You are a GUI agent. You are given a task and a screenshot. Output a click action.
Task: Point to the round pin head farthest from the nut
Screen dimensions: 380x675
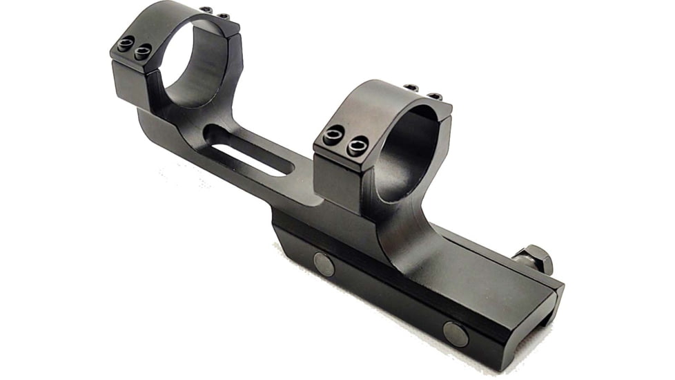(324, 264)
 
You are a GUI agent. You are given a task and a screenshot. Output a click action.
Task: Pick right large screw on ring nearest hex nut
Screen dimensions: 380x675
(358, 146)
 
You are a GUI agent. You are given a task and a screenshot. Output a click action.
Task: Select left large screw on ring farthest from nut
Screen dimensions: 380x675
(126, 44)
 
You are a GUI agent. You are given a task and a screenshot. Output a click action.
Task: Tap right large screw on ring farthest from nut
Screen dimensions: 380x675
(143, 51)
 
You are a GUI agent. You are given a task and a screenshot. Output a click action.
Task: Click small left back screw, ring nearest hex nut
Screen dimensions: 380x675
(412, 88)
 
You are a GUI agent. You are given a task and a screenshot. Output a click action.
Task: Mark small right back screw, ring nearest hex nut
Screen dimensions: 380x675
(433, 95)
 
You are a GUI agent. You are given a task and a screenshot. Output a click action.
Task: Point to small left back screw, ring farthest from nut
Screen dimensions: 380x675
(206, 10)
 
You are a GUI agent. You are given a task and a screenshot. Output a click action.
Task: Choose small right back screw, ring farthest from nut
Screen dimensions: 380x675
(223, 15)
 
